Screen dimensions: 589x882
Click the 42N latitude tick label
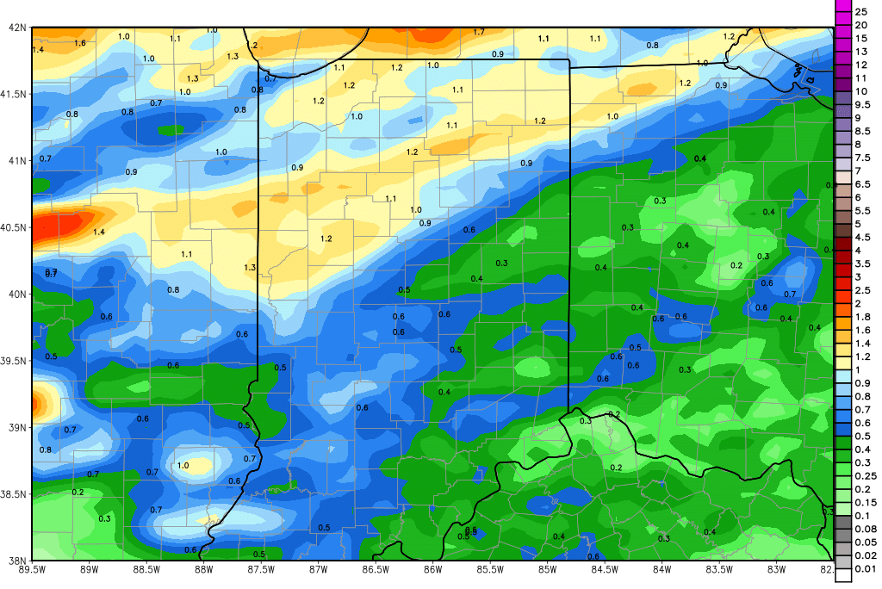click(x=15, y=27)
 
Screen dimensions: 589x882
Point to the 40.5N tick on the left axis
click(x=15, y=227)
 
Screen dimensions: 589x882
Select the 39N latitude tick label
click(x=15, y=427)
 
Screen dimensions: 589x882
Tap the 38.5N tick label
click(x=15, y=494)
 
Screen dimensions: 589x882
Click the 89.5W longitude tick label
click(x=33, y=568)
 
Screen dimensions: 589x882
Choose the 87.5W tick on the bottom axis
click(x=260, y=568)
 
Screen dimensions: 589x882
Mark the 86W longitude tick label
click(x=432, y=568)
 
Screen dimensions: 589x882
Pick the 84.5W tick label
click(x=605, y=568)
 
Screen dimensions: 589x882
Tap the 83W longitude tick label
click(x=777, y=568)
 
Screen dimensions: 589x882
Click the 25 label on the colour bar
click(x=861, y=11)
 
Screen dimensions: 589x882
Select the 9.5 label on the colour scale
click(x=861, y=104)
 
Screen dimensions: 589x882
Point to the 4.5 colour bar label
click(x=861, y=237)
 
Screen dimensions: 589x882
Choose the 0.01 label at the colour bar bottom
click(x=864, y=568)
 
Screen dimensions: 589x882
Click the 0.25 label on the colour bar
click(x=864, y=475)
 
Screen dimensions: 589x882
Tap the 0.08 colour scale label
click(x=864, y=529)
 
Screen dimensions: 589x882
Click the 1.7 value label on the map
click(x=479, y=32)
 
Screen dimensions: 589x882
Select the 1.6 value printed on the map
click(x=80, y=43)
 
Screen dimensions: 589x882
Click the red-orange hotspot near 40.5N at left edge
click(x=65, y=226)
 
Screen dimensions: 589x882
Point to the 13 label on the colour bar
click(x=861, y=51)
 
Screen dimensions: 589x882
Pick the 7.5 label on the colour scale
click(x=861, y=157)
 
